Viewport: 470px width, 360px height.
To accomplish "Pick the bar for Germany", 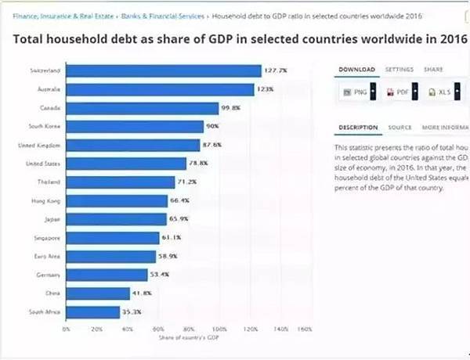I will click(107, 275).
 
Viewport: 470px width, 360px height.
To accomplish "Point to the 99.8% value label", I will click(230, 108).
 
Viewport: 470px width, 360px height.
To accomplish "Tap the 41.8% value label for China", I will click(141, 293).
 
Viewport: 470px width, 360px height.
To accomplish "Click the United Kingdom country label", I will click(39, 145).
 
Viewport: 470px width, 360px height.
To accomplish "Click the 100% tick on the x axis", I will click(219, 329).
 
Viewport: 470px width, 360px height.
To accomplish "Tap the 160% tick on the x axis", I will click(305, 329).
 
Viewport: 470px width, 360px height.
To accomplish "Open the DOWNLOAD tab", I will click(356, 70).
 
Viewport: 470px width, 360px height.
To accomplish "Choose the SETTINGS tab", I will click(399, 70).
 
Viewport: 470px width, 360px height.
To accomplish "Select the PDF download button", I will click(400, 92).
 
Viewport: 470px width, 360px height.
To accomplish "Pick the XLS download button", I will click(441, 92).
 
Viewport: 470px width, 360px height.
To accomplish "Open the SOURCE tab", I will click(399, 128).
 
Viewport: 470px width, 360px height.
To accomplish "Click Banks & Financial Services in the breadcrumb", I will click(161, 15).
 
